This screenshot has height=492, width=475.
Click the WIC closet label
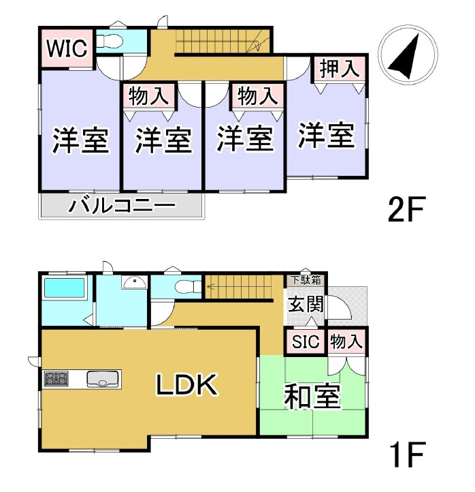point(67,48)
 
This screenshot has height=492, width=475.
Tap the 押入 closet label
point(340,68)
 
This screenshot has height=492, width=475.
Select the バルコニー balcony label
point(122,206)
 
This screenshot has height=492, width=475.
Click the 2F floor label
point(406,209)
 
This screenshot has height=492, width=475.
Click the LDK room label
point(186,384)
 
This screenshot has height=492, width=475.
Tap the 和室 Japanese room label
point(312,396)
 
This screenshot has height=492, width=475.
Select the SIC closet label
point(306,341)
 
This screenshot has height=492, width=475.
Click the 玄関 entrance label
point(306,304)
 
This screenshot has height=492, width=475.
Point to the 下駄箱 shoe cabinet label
point(306,280)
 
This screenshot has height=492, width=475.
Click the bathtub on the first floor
point(65,288)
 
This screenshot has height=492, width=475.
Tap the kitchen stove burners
point(56,378)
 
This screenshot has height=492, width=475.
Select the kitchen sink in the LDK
point(103,379)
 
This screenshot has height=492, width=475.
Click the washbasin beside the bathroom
point(134,282)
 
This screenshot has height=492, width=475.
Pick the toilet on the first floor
point(188,286)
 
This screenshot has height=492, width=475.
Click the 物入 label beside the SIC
point(346,341)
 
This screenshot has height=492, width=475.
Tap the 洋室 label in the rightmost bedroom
point(326,135)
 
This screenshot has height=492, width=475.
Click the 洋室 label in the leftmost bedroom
point(80,140)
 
